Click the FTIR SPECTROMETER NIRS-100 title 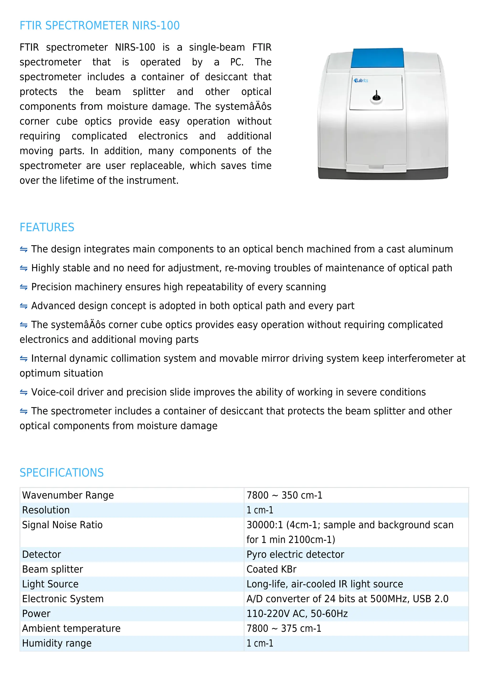coord(99,26)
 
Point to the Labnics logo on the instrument coord(361,81)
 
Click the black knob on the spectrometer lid coord(376,97)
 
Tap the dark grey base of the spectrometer coord(383,174)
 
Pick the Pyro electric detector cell coord(295,554)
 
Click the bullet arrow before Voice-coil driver coord(23,392)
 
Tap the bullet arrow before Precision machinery coord(23,287)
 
